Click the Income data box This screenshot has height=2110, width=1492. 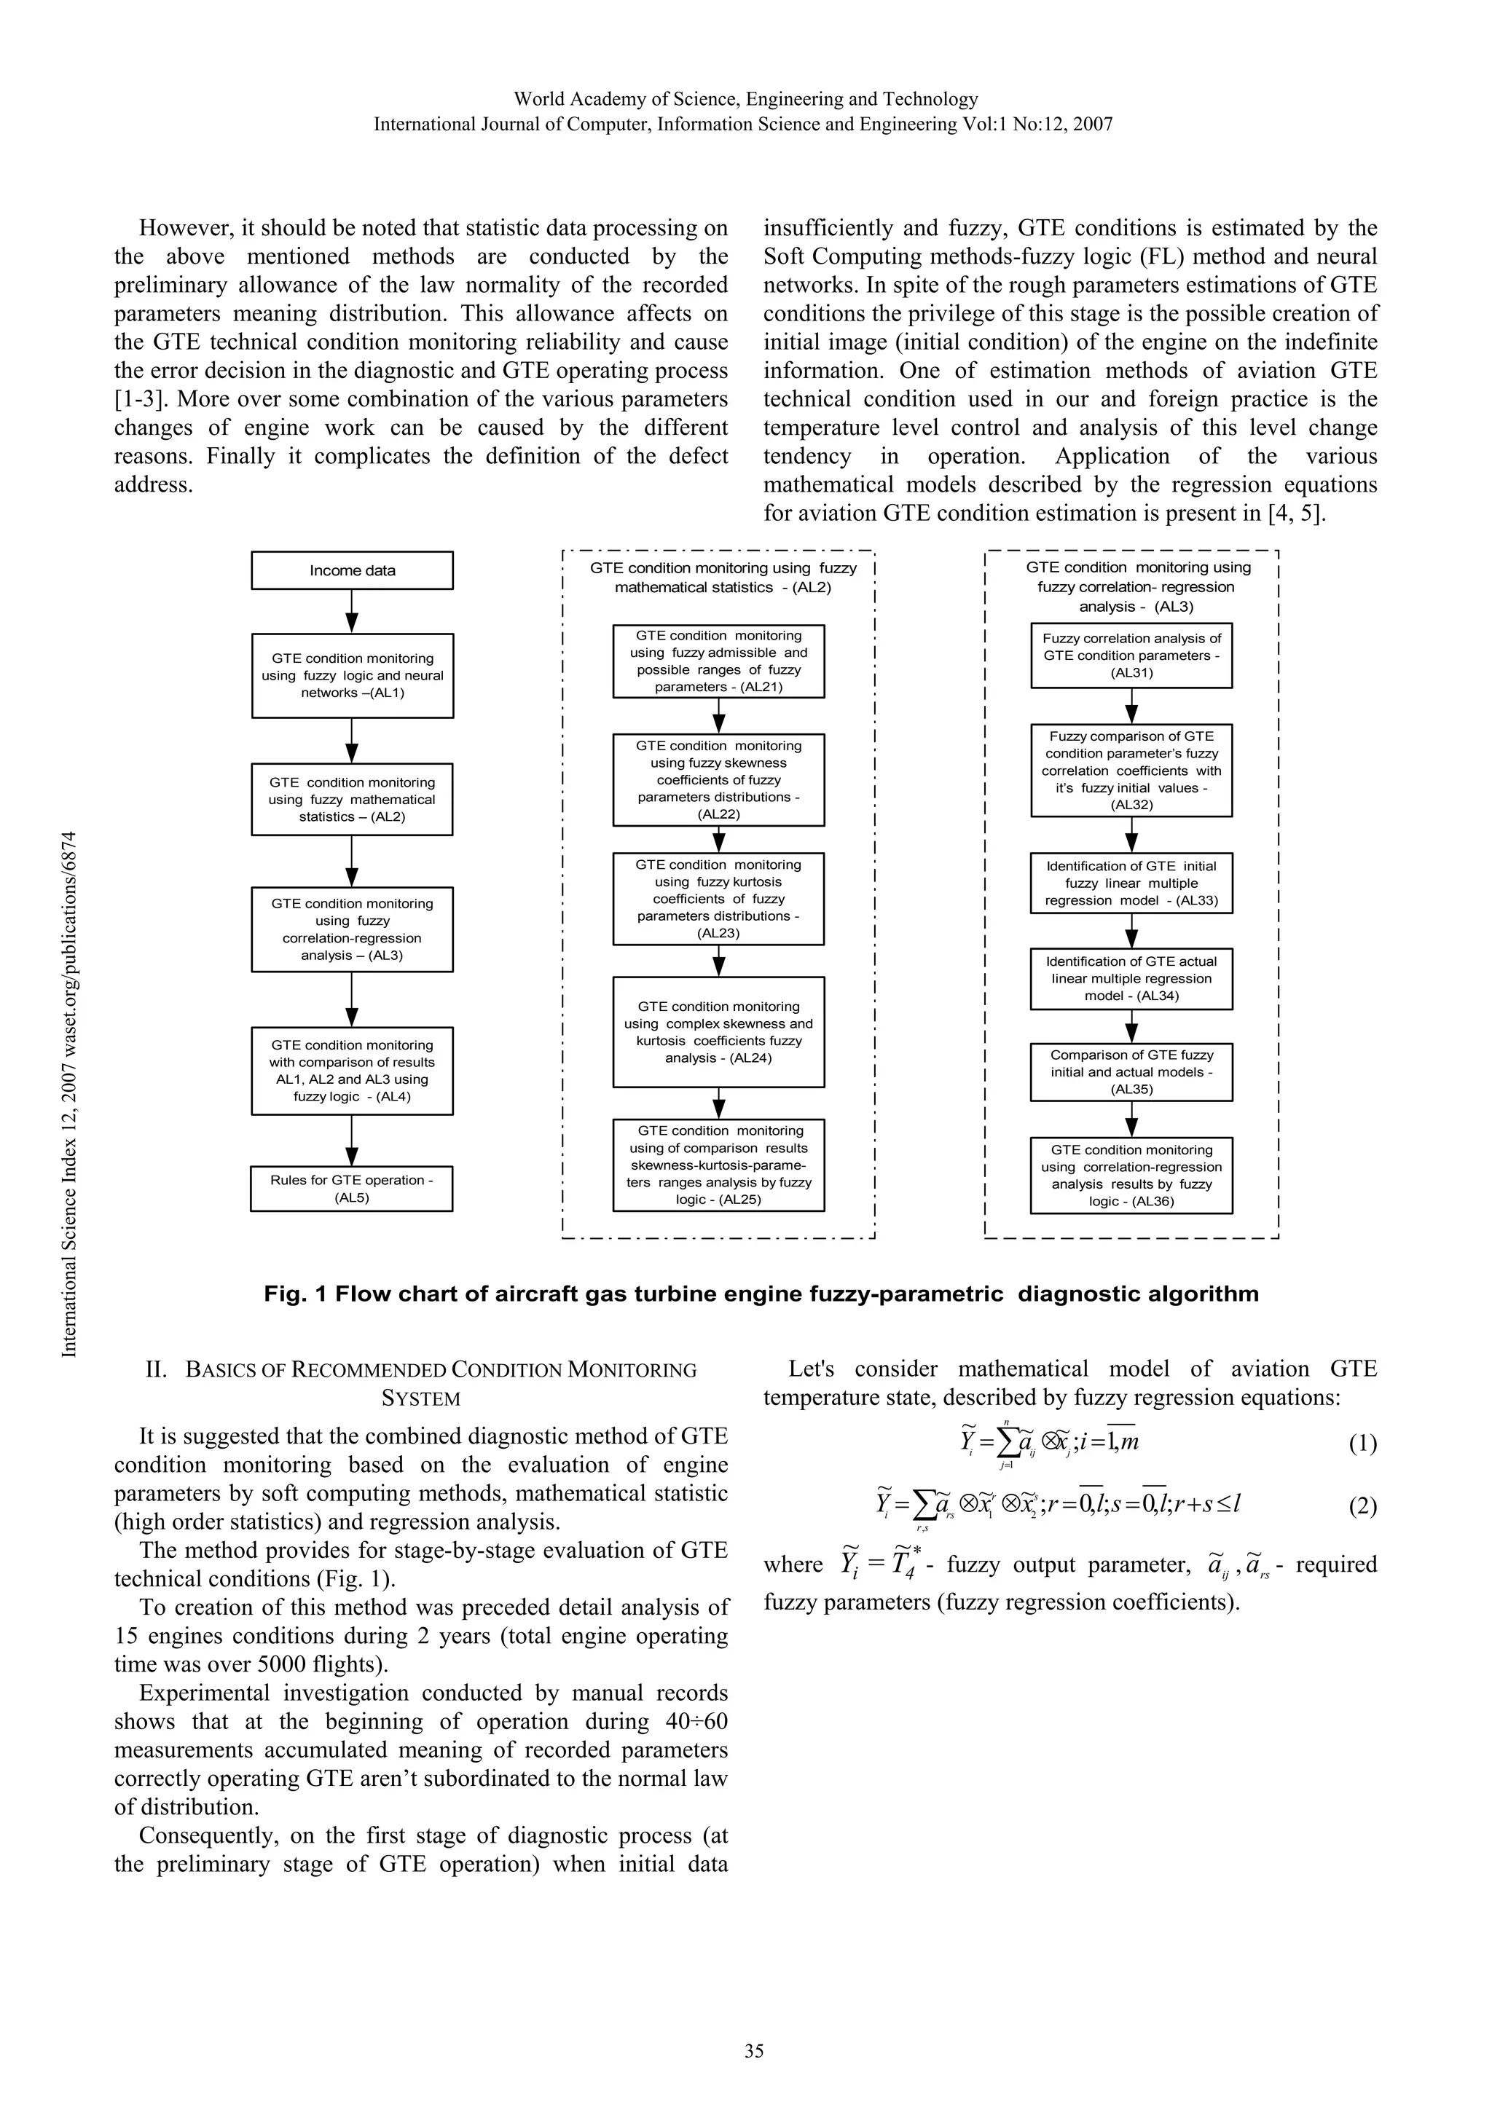click(352, 570)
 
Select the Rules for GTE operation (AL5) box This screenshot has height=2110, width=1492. click(352, 1188)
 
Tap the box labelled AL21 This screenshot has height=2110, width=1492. click(718, 661)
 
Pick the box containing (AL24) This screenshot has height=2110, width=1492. click(718, 1032)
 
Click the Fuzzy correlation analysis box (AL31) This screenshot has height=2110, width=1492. click(1131, 656)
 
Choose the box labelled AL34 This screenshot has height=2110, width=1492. click(1131, 979)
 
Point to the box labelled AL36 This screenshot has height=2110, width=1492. click(1131, 1176)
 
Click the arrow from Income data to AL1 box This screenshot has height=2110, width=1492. click(352, 611)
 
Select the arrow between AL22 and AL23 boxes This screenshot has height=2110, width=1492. click(719, 840)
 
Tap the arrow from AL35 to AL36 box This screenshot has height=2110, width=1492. click(1131, 1119)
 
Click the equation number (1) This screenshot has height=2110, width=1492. click(1362, 1443)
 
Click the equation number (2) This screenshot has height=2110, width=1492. click(1362, 1505)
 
